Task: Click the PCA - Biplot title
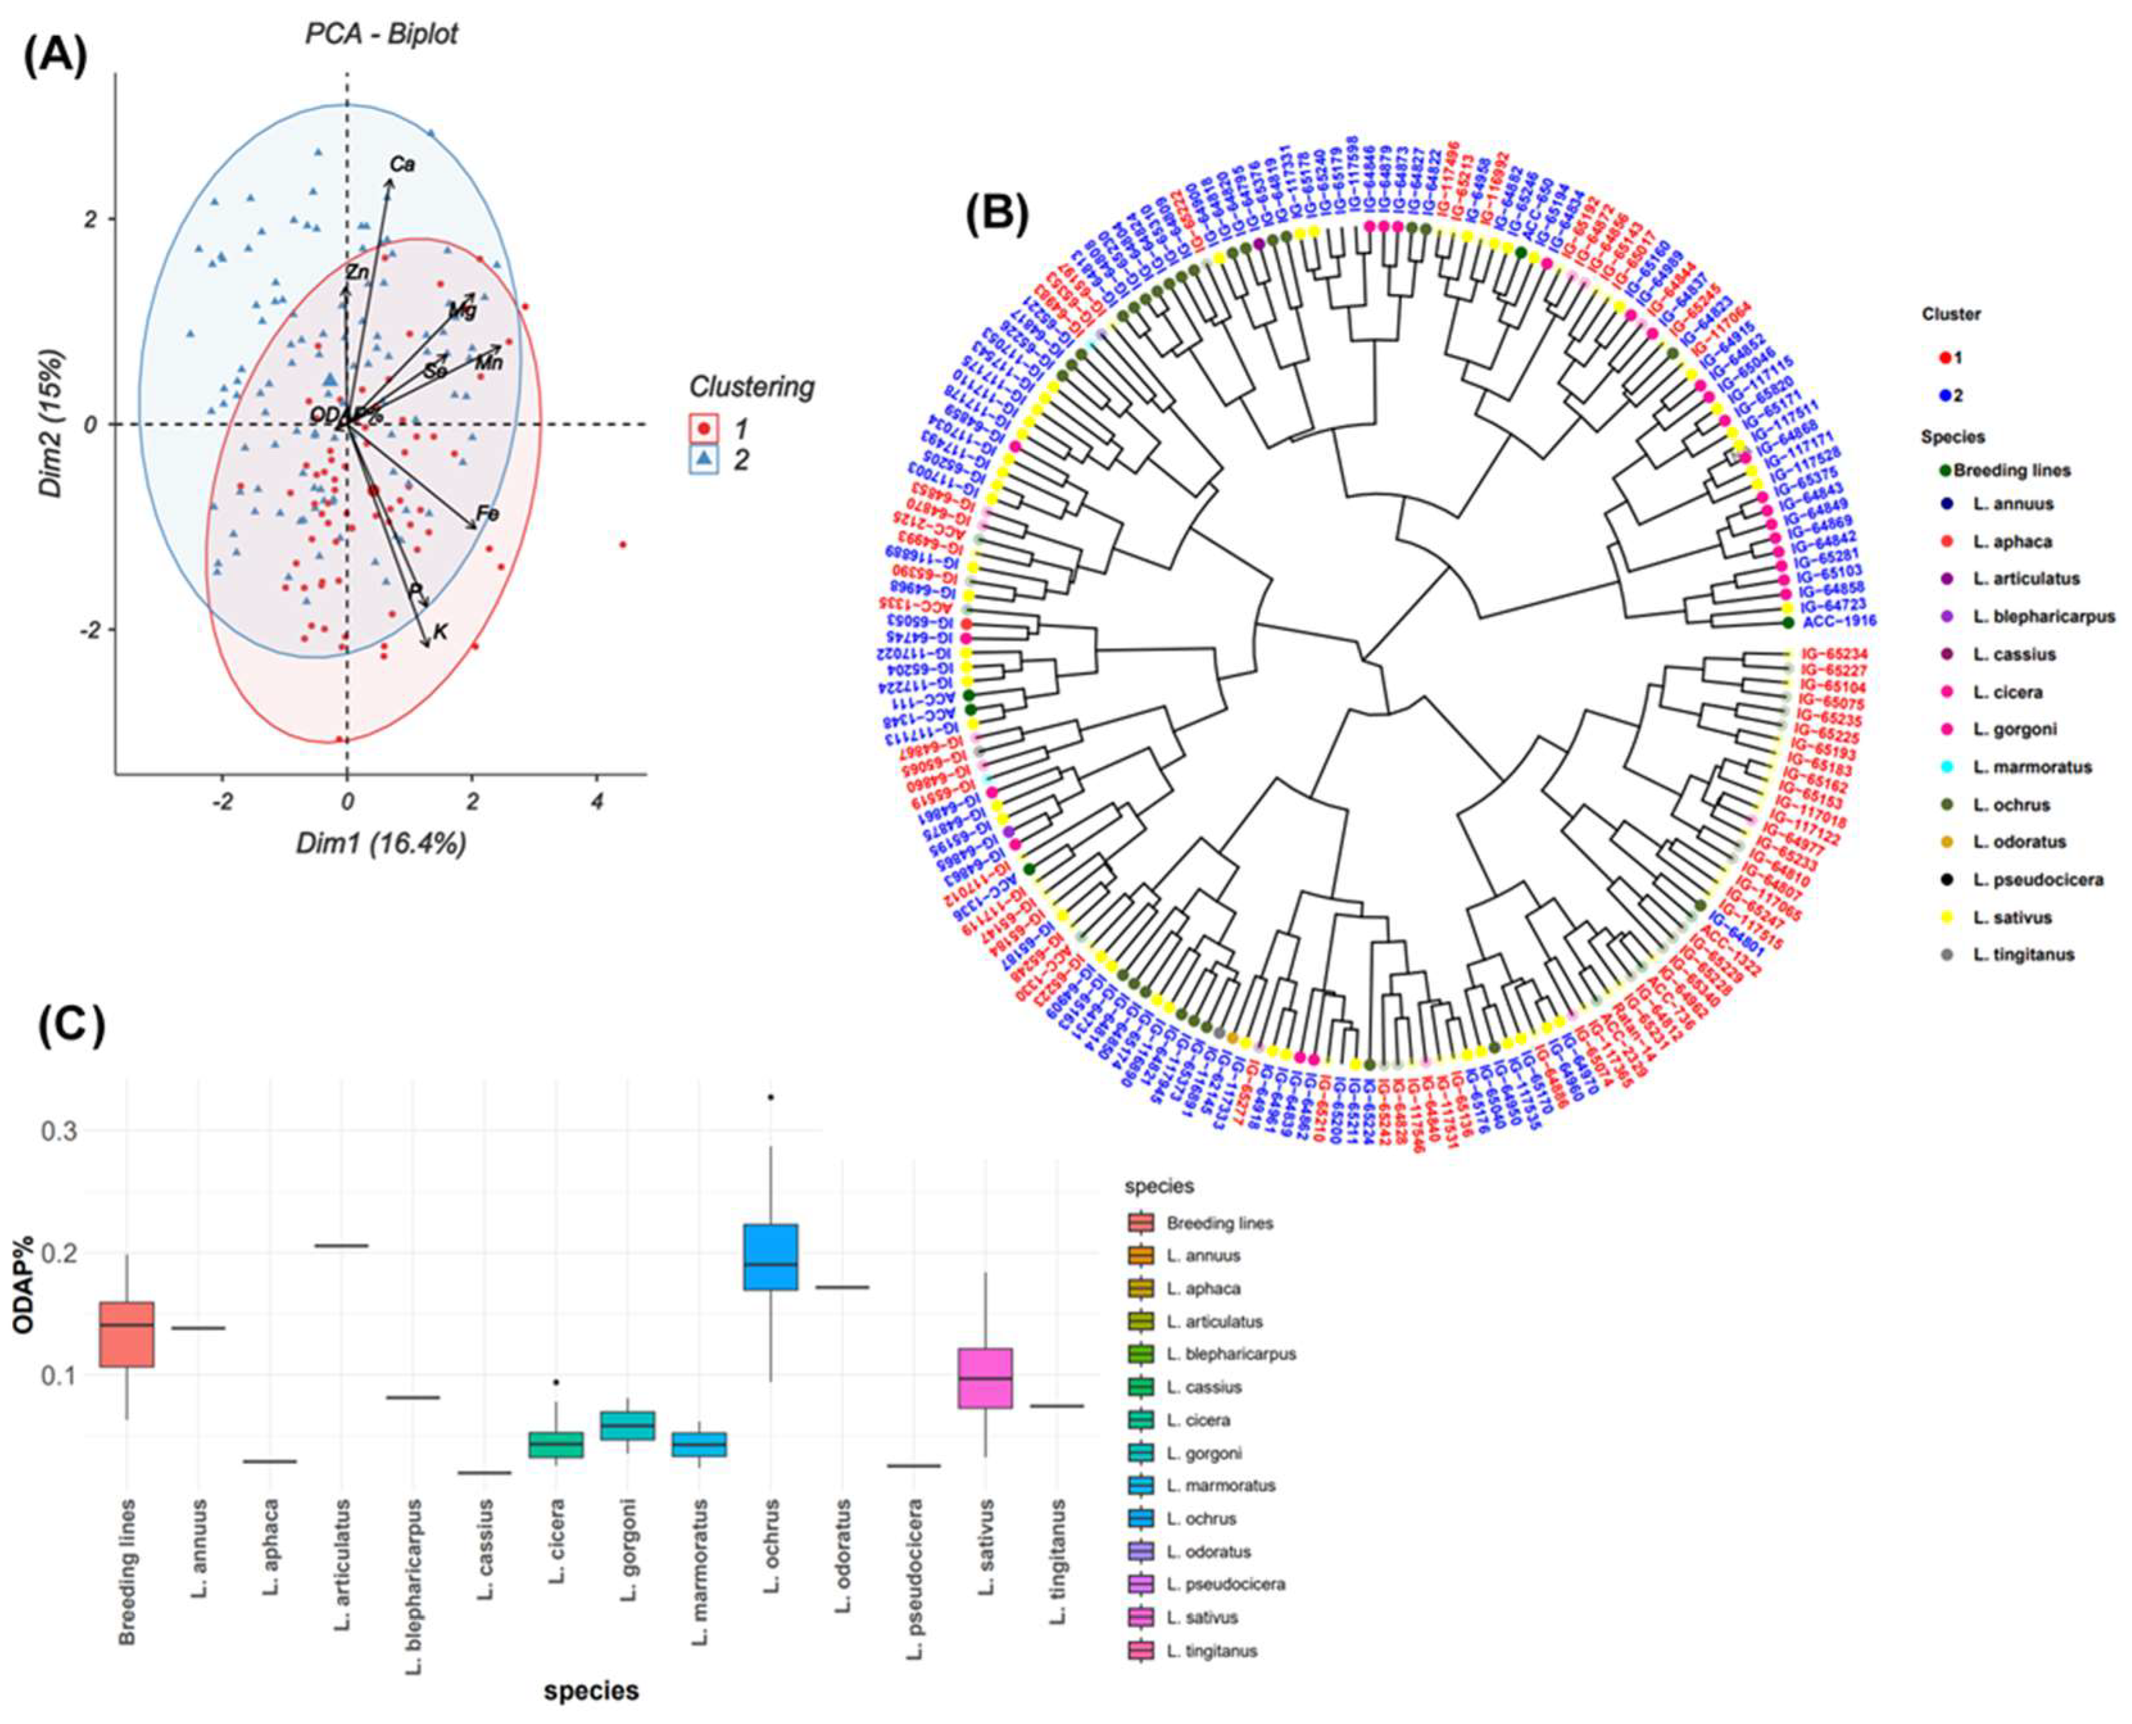(x=380, y=34)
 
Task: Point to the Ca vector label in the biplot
(x=402, y=164)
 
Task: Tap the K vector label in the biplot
(x=440, y=630)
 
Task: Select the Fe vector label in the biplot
(x=487, y=514)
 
